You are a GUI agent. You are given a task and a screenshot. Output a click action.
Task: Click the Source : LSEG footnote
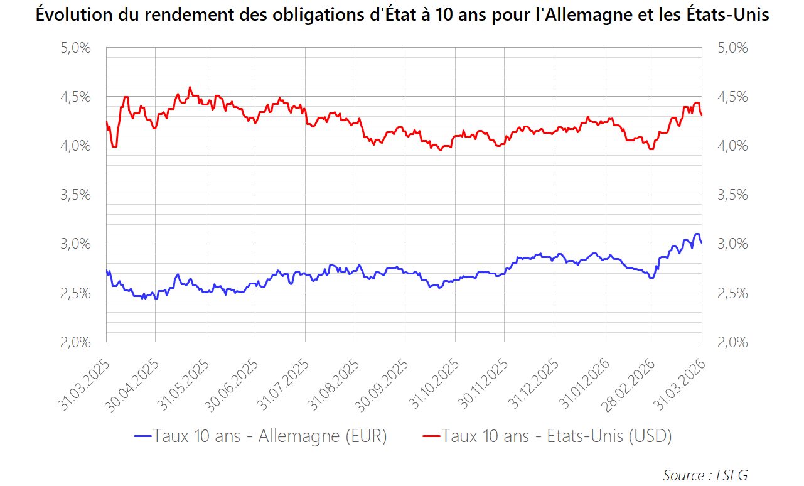click(x=705, y=475)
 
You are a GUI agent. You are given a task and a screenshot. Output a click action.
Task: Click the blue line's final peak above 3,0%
click(x=697, y=234)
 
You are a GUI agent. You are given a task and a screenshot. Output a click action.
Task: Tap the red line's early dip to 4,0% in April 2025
click(x=114, y=146)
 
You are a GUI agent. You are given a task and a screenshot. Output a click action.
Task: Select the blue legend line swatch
click(x=143, y=436)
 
